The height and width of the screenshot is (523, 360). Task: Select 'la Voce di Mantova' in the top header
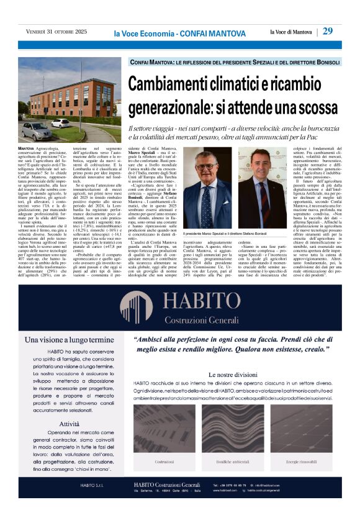coord(291,32)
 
